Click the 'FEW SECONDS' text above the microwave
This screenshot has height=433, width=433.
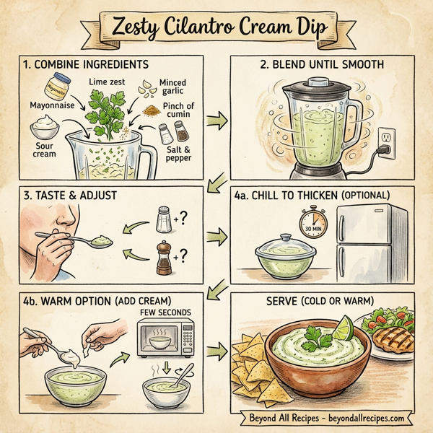click(x=167, y=311)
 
